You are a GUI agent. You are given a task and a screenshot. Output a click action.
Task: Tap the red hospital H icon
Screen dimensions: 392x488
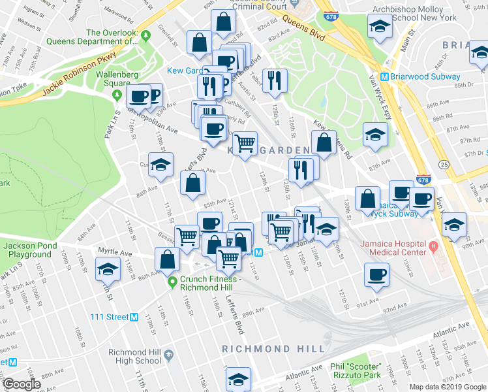[x=433, y=248]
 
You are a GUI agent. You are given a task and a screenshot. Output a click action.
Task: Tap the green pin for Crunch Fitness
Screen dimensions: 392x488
[x=172, y=282]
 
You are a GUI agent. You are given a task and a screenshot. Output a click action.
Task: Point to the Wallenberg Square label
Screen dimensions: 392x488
[x=118, y=78]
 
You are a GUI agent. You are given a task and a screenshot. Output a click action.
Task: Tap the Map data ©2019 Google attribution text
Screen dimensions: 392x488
[x=448, y=387]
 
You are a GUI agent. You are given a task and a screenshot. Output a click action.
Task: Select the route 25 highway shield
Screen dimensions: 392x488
[x=444, y=163]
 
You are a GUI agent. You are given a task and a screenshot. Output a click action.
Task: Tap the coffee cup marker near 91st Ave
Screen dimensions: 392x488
[x=376, y=274]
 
